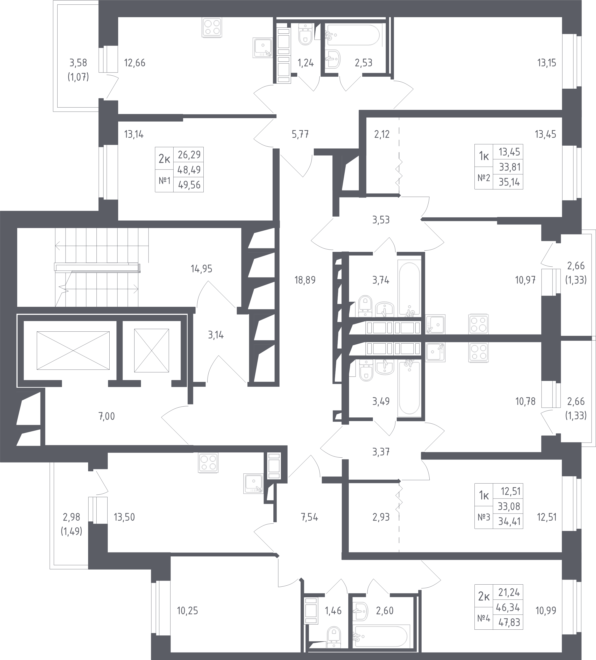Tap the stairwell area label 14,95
pos(201,269)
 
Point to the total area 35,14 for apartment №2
pos(509,182)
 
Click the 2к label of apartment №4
pos(484,597)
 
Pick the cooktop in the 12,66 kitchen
pos(212,27)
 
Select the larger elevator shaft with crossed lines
pos(73,351)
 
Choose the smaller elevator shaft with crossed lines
pos(152,351)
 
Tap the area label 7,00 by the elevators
pos(107,416)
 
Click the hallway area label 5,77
pos(300,134)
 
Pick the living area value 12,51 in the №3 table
pos(510,491)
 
